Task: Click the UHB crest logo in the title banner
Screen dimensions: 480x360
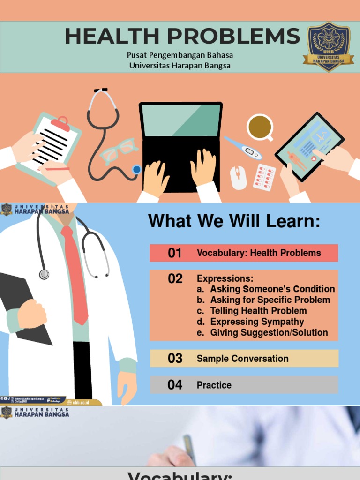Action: pyautogui.click(x=328, y=46)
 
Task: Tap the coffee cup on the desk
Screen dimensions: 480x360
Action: pyautogui.click(x=260, y=127)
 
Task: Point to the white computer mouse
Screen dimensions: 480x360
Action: pyautogui.click(x=238, y=178)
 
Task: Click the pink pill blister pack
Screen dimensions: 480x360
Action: pyautogui.click(x=264, y=177)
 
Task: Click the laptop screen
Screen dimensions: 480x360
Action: pyautogui.click(x=180, y=120)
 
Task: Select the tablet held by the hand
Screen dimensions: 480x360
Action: pyautogui.click(x=309, y=146)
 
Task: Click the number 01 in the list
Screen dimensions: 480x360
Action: pyautogui.click(x=175, y=253)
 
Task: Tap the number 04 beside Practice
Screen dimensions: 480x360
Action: pyautogui.click(x=175, y=385)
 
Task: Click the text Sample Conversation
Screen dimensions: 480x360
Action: pyautogui.click(x=242, y=359)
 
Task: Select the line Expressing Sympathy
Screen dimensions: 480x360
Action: pyautogui.click(x=257, y=322)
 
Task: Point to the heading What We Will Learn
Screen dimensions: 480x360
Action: pyautogui.click(x=234, y=221)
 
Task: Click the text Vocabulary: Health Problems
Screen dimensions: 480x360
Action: pyautogui.click(x=259, y=253)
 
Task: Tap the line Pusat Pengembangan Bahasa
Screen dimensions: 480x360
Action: pyautogui.click(x=180, y=55)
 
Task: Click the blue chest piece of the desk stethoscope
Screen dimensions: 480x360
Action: pyautogui.click(x=136, y=169)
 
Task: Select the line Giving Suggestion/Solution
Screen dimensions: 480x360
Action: pyautogui.click(x=269, y=332)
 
